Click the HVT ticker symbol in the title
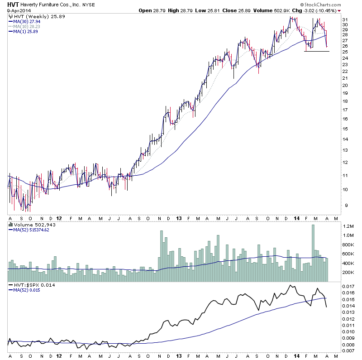click(x=13, y=4)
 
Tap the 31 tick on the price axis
click(x=345, y=20)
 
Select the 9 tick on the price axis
click(x=344, y=206)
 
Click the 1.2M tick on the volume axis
click(x=348, y=226)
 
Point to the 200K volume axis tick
click(x=348, y=273)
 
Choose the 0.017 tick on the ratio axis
click(x=348, y=287)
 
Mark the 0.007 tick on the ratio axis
click(x=348, y=351)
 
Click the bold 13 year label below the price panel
click(x=179, y=218)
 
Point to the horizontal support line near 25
click(x=316, y=51)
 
